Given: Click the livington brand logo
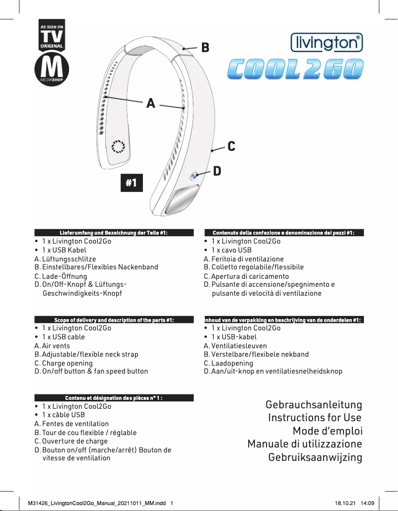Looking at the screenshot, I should [x=326, y=43].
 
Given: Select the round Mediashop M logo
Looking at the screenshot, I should [x=51, y=70].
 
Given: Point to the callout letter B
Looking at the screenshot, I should [x=205, y=48].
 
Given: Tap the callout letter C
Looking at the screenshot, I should [x=231, y=146].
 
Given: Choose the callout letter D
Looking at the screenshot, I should [x=217, y=172].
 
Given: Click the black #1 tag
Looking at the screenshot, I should [x=131, y=183].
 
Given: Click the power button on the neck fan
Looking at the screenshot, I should [x=194, y=175].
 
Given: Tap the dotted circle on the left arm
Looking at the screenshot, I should [x=118, y=147].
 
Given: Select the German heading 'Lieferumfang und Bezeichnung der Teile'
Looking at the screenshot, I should [x=114, y=233].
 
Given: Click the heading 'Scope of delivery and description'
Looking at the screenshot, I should [x=114, y=319].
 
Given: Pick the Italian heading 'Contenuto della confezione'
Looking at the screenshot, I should [x=283, y=233].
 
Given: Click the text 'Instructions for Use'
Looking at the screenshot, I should [x=315, y=417].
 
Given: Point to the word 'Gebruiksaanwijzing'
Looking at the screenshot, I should [x=315, y=457].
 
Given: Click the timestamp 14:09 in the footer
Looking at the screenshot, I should [x=367, y=503].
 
